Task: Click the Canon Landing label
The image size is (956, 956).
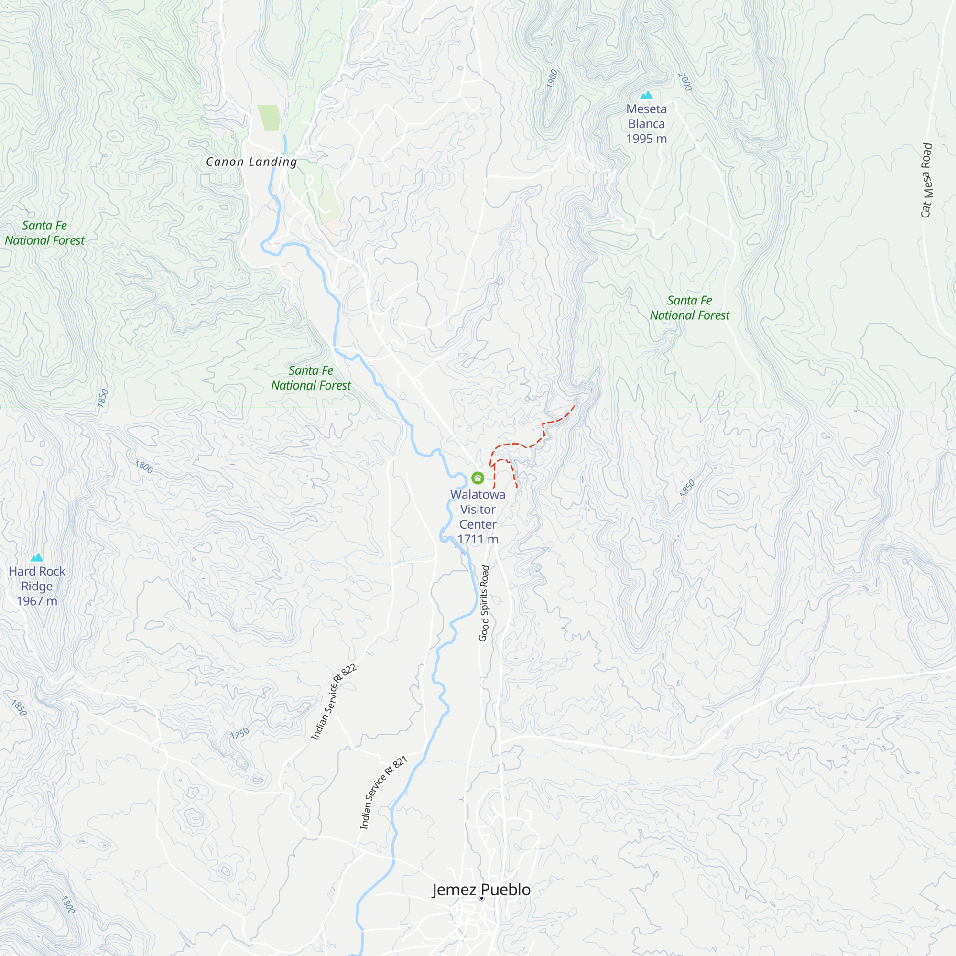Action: (251, 162)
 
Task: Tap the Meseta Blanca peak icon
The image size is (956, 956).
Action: (646, 95)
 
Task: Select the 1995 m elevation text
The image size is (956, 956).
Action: (646, 139)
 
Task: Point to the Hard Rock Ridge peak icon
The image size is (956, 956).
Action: (37, 558)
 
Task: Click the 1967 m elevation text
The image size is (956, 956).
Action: (37, 601)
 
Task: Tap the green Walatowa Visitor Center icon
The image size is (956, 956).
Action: (478, 478)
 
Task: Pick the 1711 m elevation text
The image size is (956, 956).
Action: (478, 539)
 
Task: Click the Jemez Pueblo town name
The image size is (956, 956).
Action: (481, 890)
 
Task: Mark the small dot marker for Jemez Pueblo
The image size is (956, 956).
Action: (481, 898)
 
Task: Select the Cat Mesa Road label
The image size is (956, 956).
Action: (927, 180)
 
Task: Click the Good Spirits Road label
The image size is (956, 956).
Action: (484, 603)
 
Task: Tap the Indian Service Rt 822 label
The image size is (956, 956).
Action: (333, 702)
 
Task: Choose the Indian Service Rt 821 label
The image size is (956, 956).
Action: (383, 792)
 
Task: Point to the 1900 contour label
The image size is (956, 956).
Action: (552, 79)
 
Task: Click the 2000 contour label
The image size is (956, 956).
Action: (685, 82)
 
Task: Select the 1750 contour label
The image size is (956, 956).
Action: (239, 733)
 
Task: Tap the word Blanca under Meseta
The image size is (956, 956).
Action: (646, 124)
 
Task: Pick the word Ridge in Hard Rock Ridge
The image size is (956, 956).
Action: (37, 587)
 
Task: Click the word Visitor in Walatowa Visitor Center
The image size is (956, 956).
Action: (478, 510)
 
